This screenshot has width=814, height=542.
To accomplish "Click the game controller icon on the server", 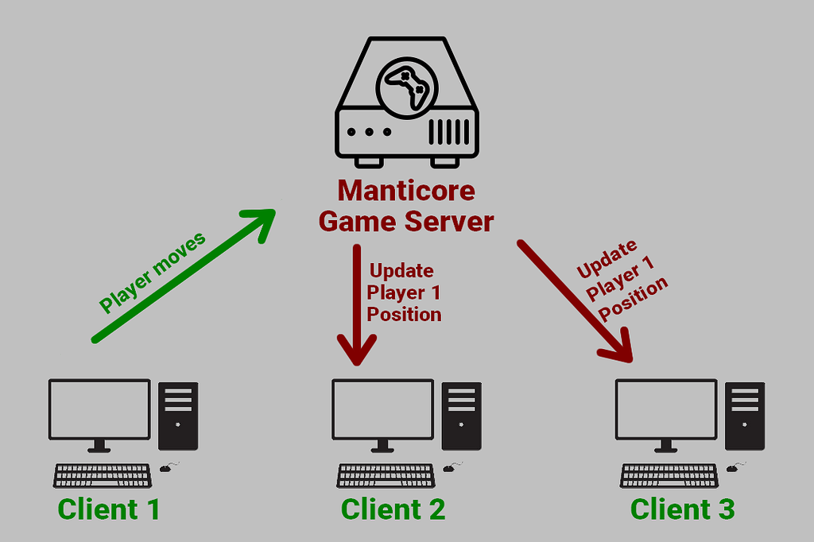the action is (x=407, y=86).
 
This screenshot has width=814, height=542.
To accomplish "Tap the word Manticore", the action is (x=406, y=192).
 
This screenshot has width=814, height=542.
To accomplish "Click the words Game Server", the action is (x=406, y=221).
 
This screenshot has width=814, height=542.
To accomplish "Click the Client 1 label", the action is (x=109, y=509).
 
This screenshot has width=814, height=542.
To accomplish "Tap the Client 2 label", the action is (x=393, y=509).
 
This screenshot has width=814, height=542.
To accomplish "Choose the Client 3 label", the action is (x=682, y=509).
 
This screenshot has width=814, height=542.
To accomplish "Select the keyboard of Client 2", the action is (x=386, y=475).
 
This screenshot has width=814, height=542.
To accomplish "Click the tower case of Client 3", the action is (x=746, y=416).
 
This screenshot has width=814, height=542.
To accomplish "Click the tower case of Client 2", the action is (x=462, y=416).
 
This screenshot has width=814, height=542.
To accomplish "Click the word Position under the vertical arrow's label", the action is (x=404, y=315).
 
